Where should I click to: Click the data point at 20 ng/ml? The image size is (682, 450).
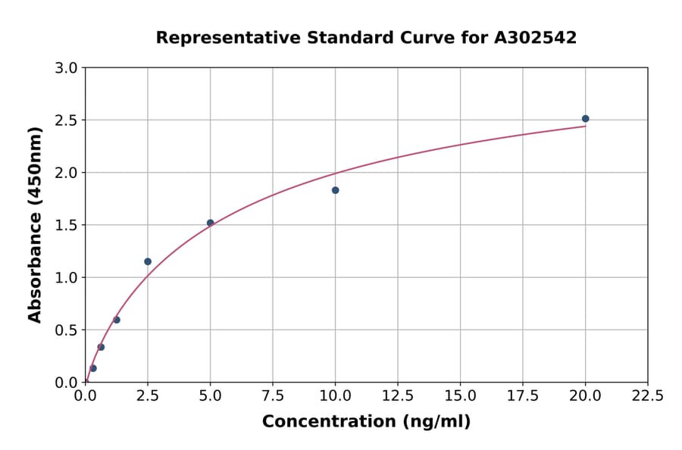point(585,119)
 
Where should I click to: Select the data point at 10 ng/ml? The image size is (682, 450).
point(335,190)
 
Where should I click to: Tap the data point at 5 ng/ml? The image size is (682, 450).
point(211,223)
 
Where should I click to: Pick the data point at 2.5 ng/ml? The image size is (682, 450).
point(148,261)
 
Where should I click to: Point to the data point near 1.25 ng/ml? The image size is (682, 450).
point(117,320)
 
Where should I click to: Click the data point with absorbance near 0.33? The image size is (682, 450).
point(101,347)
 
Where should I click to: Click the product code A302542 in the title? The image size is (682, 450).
point(536,38)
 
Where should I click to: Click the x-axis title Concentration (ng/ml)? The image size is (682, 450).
point(366,422)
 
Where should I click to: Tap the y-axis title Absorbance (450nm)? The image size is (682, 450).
point(35,224)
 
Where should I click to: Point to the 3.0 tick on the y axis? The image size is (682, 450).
point(67,68)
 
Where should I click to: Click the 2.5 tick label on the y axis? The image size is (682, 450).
point(67,120)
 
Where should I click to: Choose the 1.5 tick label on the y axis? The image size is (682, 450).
point(67,225)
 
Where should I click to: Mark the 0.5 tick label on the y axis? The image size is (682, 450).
point(67,330)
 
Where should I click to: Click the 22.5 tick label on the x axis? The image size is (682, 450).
point(648,396)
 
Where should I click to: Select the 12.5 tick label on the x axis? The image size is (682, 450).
point(398,396)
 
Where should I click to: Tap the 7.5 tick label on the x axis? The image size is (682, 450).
point(273,396)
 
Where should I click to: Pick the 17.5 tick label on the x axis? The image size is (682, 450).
point(523,396)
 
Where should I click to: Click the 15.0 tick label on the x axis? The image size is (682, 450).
point(460,396)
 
